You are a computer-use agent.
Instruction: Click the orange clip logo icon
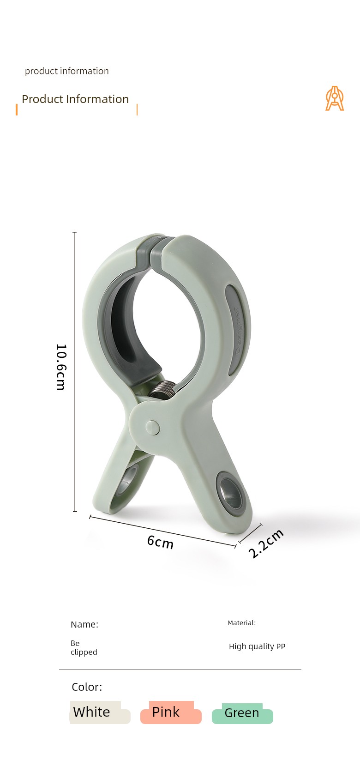tap(334, 99)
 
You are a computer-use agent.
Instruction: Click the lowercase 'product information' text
tap(67, 71)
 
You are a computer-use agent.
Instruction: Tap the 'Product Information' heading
tap(75, 99)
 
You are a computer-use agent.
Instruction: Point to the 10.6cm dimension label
tap(61, 367)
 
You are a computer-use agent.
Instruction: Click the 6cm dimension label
tap(160, 542)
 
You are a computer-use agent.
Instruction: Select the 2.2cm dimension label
tap(266, 544)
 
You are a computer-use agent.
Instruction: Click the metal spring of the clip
tap(162, 390)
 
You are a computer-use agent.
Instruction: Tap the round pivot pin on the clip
tap(153, 427)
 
